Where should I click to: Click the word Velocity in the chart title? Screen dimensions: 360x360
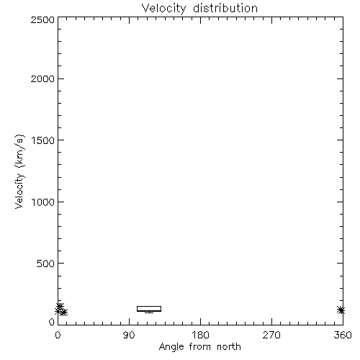click(x=164, y=9)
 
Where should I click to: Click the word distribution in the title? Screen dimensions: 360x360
click(x=225, y=8)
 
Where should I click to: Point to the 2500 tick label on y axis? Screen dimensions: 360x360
click(x=42, y=19)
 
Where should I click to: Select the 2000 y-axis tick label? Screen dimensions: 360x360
click(x=42, y=78)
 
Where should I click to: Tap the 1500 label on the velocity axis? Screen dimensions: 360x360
click(x=43, y=140)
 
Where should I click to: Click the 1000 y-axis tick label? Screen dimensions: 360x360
click(x=43, y=202)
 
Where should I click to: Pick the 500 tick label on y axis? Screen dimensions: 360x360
click(x=46, y=264)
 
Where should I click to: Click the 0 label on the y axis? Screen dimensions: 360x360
click(x=52, y=322)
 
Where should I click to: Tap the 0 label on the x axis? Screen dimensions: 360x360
click(x=58, y=335)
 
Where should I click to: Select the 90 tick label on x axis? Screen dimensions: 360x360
click(x=129, y=335)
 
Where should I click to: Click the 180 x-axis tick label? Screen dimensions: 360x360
click(x=200, y=335)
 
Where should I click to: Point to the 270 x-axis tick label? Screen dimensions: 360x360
click(x=271, y=335)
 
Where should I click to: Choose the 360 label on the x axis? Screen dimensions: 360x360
click(x=343, y=335)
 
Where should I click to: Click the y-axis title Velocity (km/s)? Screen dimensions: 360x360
click(x=19, y=171)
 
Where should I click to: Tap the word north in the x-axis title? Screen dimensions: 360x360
click(x=229, y=347)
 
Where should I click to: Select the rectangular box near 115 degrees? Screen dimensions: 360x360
click(x=149, y=306)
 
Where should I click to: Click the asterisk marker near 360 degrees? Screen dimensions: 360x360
click(x=341, y=310)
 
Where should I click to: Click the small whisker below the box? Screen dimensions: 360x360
click(x=149, y=312)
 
